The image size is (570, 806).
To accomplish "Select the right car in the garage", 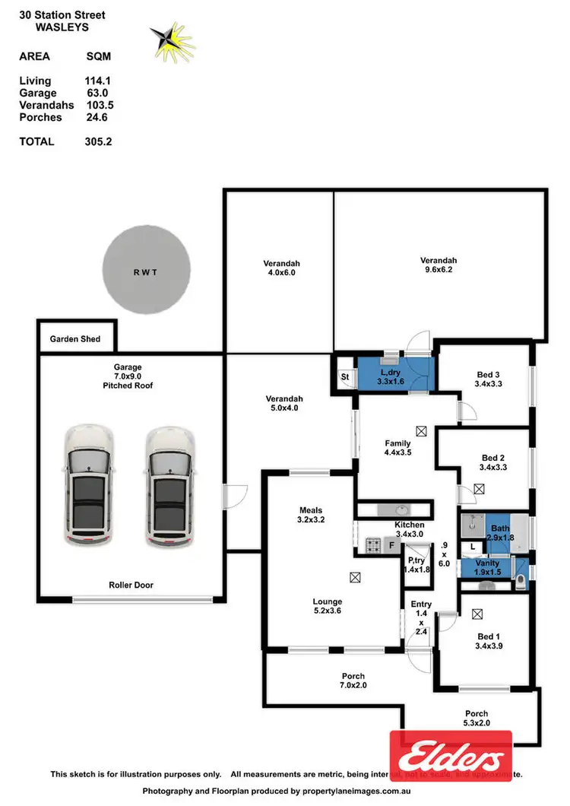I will point(171,487).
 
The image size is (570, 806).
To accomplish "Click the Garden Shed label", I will point(75,339).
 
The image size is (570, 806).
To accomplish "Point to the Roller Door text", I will point(131,585).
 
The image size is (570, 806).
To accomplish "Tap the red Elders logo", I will point(451,757).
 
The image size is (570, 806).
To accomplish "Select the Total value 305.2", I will point(98,141).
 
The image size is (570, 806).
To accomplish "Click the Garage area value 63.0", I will point(98,93).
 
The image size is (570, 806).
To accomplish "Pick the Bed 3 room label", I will point(488,374).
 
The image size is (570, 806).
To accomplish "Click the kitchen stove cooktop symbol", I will point(373,544).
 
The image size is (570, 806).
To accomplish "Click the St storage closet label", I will point(344,376).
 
